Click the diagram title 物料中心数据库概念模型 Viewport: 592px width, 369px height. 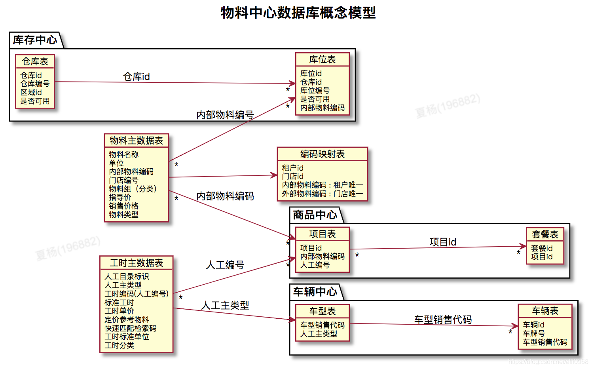[298, 13]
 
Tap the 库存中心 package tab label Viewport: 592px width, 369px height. [35, 40]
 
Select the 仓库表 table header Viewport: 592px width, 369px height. [35, 61]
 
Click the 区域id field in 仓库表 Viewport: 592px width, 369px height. [31, 92]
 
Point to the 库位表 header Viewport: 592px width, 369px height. [322, 59]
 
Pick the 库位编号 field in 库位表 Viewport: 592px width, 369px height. [315, 90]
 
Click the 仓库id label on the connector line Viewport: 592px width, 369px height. [137, 76]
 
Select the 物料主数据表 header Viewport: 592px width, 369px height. [136, 141]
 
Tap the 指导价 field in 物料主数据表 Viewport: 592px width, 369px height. [120, 197]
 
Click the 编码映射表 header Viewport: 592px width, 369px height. [322, 154]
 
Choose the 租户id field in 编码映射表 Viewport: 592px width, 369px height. [292, 168]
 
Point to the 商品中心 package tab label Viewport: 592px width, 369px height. [315, 215]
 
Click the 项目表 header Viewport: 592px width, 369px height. [322, 234]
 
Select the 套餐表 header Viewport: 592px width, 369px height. [545, 234]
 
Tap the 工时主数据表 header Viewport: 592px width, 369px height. [136, 263]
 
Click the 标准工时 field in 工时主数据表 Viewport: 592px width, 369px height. [119, 302]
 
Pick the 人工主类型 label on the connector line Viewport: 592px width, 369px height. [225, 305]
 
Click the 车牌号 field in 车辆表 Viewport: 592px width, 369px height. [533, 333]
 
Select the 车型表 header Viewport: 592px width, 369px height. [322, 311]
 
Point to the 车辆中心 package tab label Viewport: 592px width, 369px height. [315, 292]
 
